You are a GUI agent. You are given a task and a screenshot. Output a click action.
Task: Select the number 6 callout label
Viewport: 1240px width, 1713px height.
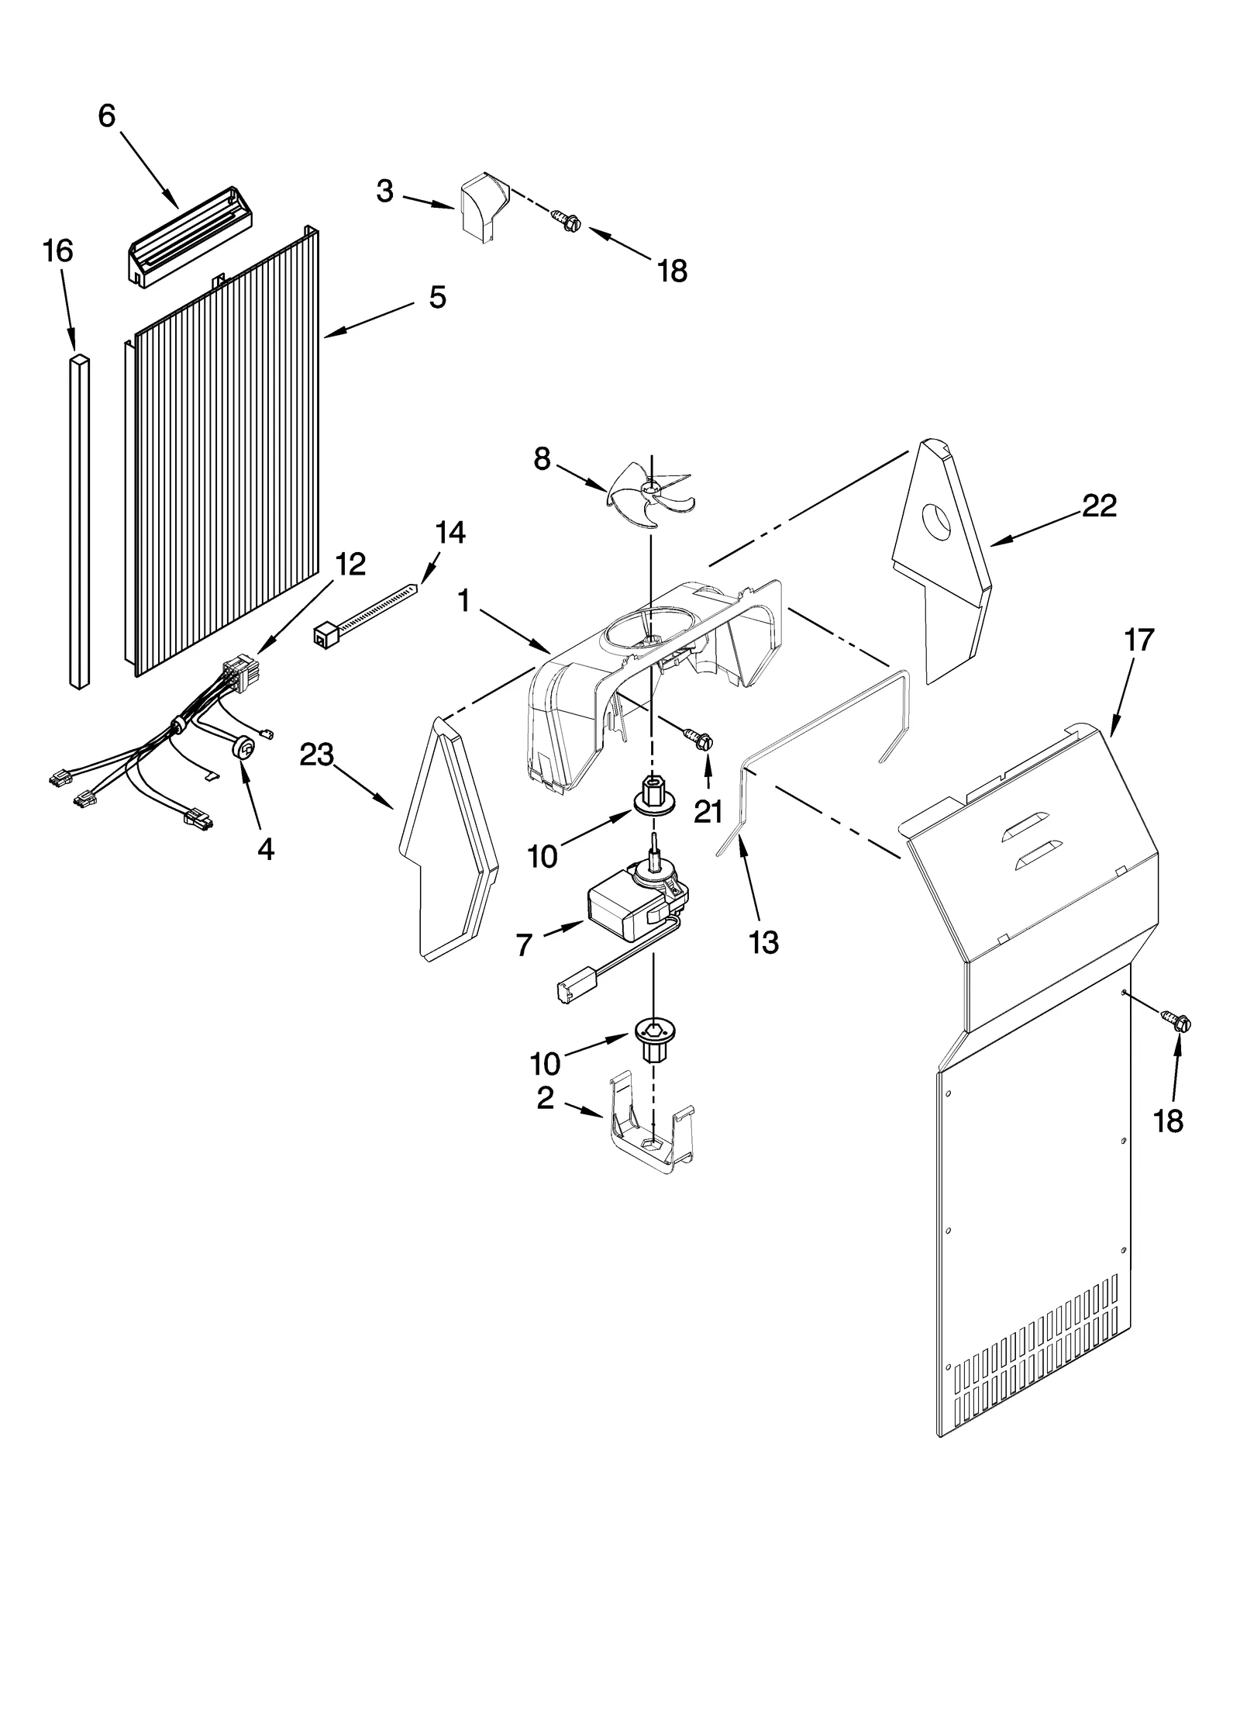pyautogui.click(x=107, y=116)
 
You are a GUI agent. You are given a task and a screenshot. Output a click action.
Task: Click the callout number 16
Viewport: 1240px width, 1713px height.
pyautogui.click(x=58, y=251)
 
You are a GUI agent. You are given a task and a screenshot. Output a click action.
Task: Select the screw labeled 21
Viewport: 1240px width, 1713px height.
pyautogui.click(x=697, y=738)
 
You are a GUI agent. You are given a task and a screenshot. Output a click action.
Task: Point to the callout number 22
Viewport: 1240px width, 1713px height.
pyautogui.click(x=1099, y=506)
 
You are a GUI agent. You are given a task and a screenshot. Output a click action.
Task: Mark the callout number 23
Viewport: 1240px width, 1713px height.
pyautogui.click(x=316, y=754)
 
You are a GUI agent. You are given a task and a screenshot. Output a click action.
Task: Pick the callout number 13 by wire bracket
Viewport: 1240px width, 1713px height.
pyautogui.click(x=763, y=942)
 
